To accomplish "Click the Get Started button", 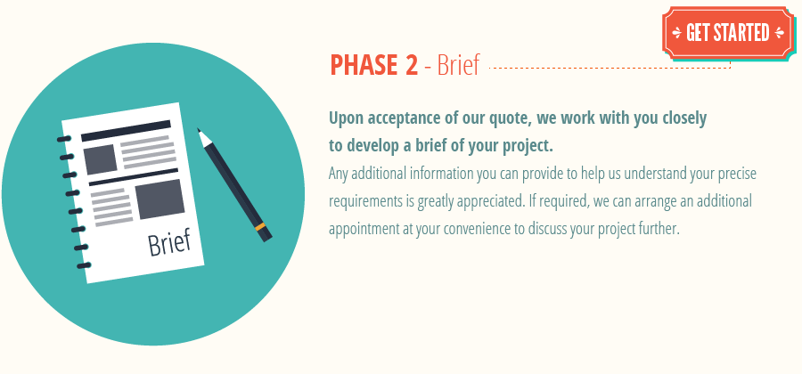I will [727, 33].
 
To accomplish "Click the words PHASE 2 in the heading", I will [374, 65].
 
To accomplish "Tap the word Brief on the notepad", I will [168, 241].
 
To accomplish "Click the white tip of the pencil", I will [202, 134].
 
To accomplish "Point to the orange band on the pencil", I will [260, 227].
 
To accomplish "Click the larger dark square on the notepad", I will [160, 199].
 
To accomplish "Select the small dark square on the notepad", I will [100, 159].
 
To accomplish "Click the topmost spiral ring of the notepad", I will [63, 140].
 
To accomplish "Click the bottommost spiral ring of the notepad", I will [83, 265].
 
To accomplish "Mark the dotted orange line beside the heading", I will [610, 68].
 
